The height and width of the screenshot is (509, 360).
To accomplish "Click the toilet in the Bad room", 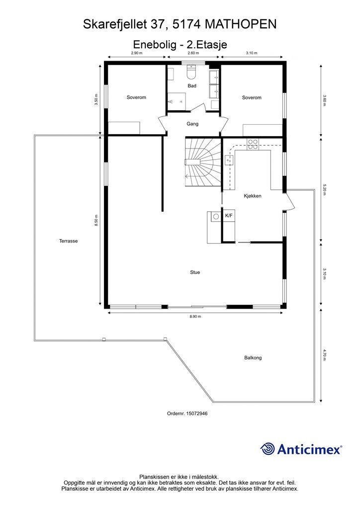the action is [x=191, y=73].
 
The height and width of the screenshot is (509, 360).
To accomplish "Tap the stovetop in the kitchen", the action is [x=253, y=144].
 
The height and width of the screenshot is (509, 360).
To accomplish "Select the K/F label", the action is [x=229, y=216].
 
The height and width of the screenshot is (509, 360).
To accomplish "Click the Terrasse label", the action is [x=69, y=241].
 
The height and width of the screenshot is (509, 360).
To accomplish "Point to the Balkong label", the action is [x=253, y=358].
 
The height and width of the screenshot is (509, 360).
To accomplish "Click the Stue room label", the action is [x=195, y=272].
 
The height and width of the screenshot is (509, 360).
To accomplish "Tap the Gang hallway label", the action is [x=192, y=124].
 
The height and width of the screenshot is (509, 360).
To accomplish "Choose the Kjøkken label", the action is [x=253, y=196].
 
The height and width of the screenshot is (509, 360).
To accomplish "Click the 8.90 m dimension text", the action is [x=195, y=317].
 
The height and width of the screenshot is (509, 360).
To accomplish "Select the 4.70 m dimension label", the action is [x=324, y=355].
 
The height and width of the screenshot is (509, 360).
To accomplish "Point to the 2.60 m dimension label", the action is [x=193, y=53].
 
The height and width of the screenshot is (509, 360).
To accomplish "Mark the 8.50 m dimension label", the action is [x=96, y=221].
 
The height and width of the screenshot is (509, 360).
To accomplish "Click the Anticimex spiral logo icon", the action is [x=268, y=449].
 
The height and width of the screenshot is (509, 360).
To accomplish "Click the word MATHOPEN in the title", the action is [x=241, y=24].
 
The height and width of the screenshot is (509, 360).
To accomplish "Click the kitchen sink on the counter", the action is [x=229, y=160].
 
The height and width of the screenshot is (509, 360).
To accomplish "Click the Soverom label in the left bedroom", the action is [x=136, y=97].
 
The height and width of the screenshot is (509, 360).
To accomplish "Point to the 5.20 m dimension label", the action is [x=324, y=190].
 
